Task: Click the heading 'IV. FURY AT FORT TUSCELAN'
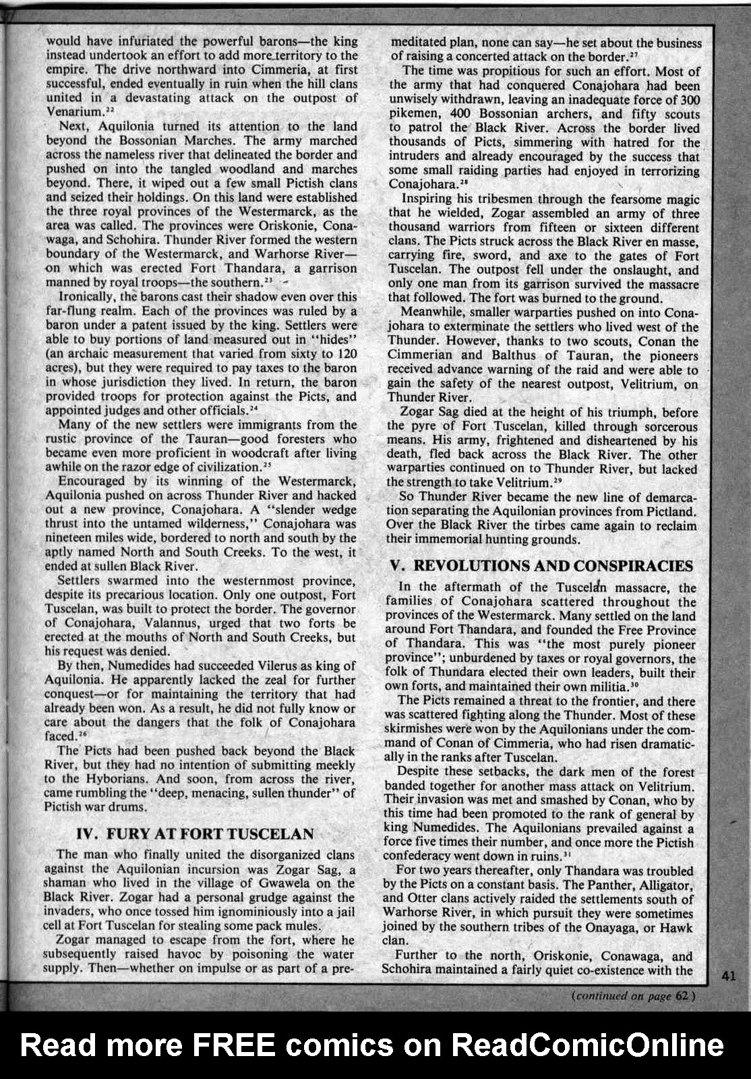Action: tap(195, 834)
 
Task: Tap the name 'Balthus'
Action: tap(515, 355)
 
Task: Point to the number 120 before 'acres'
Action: tap(344, 353)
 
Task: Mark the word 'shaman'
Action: tap(64, 883)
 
